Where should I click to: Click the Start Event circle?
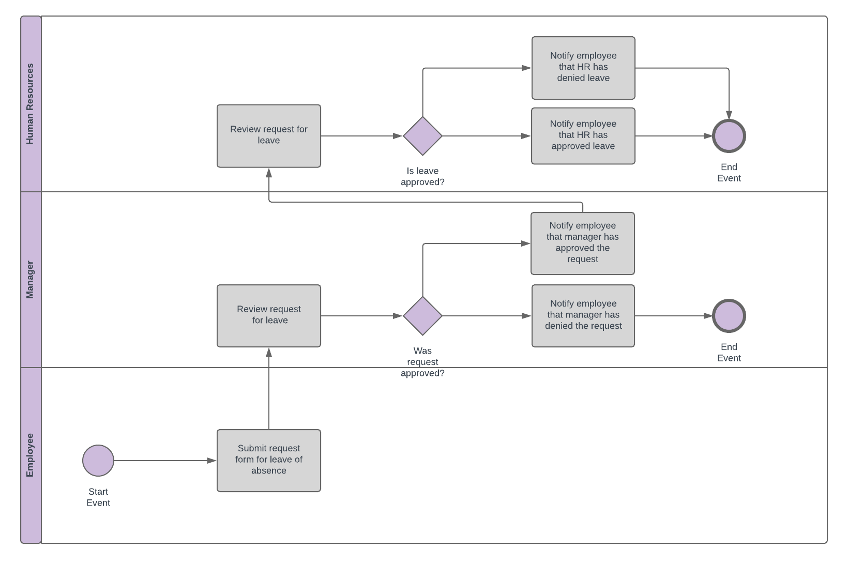click(x=98, y=461)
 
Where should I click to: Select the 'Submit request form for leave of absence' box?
click(x=269, y=460)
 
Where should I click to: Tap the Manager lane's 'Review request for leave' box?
click(x=269, y=315)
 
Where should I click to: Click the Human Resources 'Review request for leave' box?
click(x=269, y=135)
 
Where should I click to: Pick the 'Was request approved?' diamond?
click(x=422, y=316)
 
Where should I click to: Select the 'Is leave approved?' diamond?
click(x=422, y=136)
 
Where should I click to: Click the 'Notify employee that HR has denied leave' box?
click(x=583, y=68)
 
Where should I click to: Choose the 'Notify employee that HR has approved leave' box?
click(x=583, y=135)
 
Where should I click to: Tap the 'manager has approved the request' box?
click(x=583, y=243)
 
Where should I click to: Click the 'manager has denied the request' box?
click(x=583, y=315)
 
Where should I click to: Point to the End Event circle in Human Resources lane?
click(x=729, y=136)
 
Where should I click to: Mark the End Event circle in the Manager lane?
click(x=729, y=316)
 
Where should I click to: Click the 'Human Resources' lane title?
click(x=31, y=104)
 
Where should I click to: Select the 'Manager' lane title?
click(x=31, y=280)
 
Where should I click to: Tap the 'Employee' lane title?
click(x=31, y=455)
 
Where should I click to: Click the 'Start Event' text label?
click(x=98, y=497)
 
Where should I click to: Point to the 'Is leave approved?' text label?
click(x=422, y=176)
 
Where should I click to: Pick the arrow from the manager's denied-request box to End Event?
click(x=672, y=316)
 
